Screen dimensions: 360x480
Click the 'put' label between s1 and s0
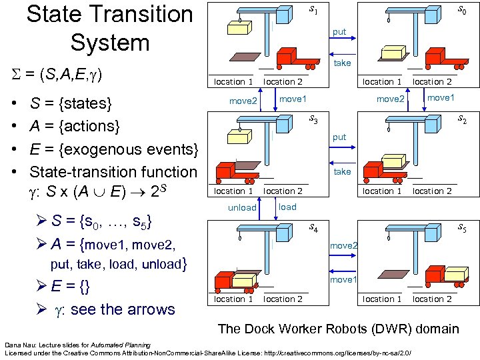[x=339, y=32]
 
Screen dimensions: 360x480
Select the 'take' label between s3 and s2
[x=342, y=171]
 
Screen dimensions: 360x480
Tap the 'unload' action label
[x=242, y=207]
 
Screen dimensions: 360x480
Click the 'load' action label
[x=287, y=207]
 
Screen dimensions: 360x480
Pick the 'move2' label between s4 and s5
[x=344, y=246]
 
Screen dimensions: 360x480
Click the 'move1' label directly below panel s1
[x=293, y=99]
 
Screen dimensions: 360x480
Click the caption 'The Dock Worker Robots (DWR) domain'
[x=338, y=329]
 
